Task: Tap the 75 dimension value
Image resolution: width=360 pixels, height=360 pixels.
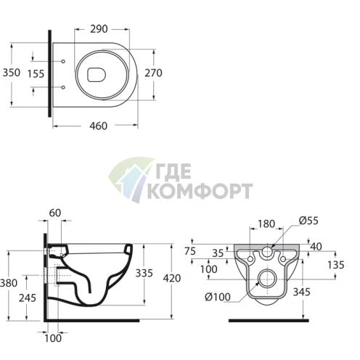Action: (191, 250)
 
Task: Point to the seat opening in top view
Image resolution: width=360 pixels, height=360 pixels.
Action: (97, 73)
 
